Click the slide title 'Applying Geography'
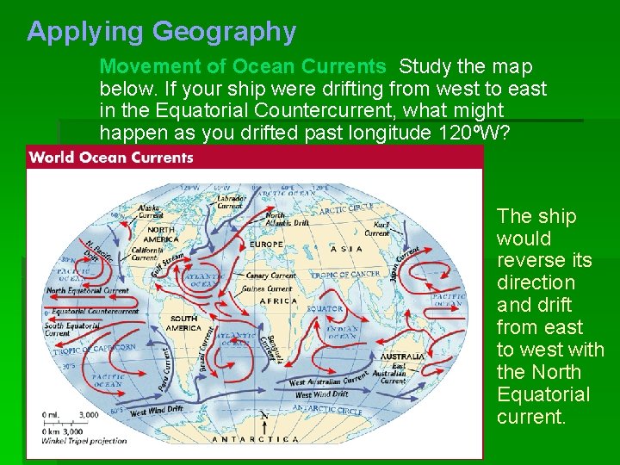161,32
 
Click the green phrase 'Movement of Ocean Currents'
243,66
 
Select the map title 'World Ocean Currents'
112,158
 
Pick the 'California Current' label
146,253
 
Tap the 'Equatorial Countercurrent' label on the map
96,312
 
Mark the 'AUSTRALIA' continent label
401,356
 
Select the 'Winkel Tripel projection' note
78,441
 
